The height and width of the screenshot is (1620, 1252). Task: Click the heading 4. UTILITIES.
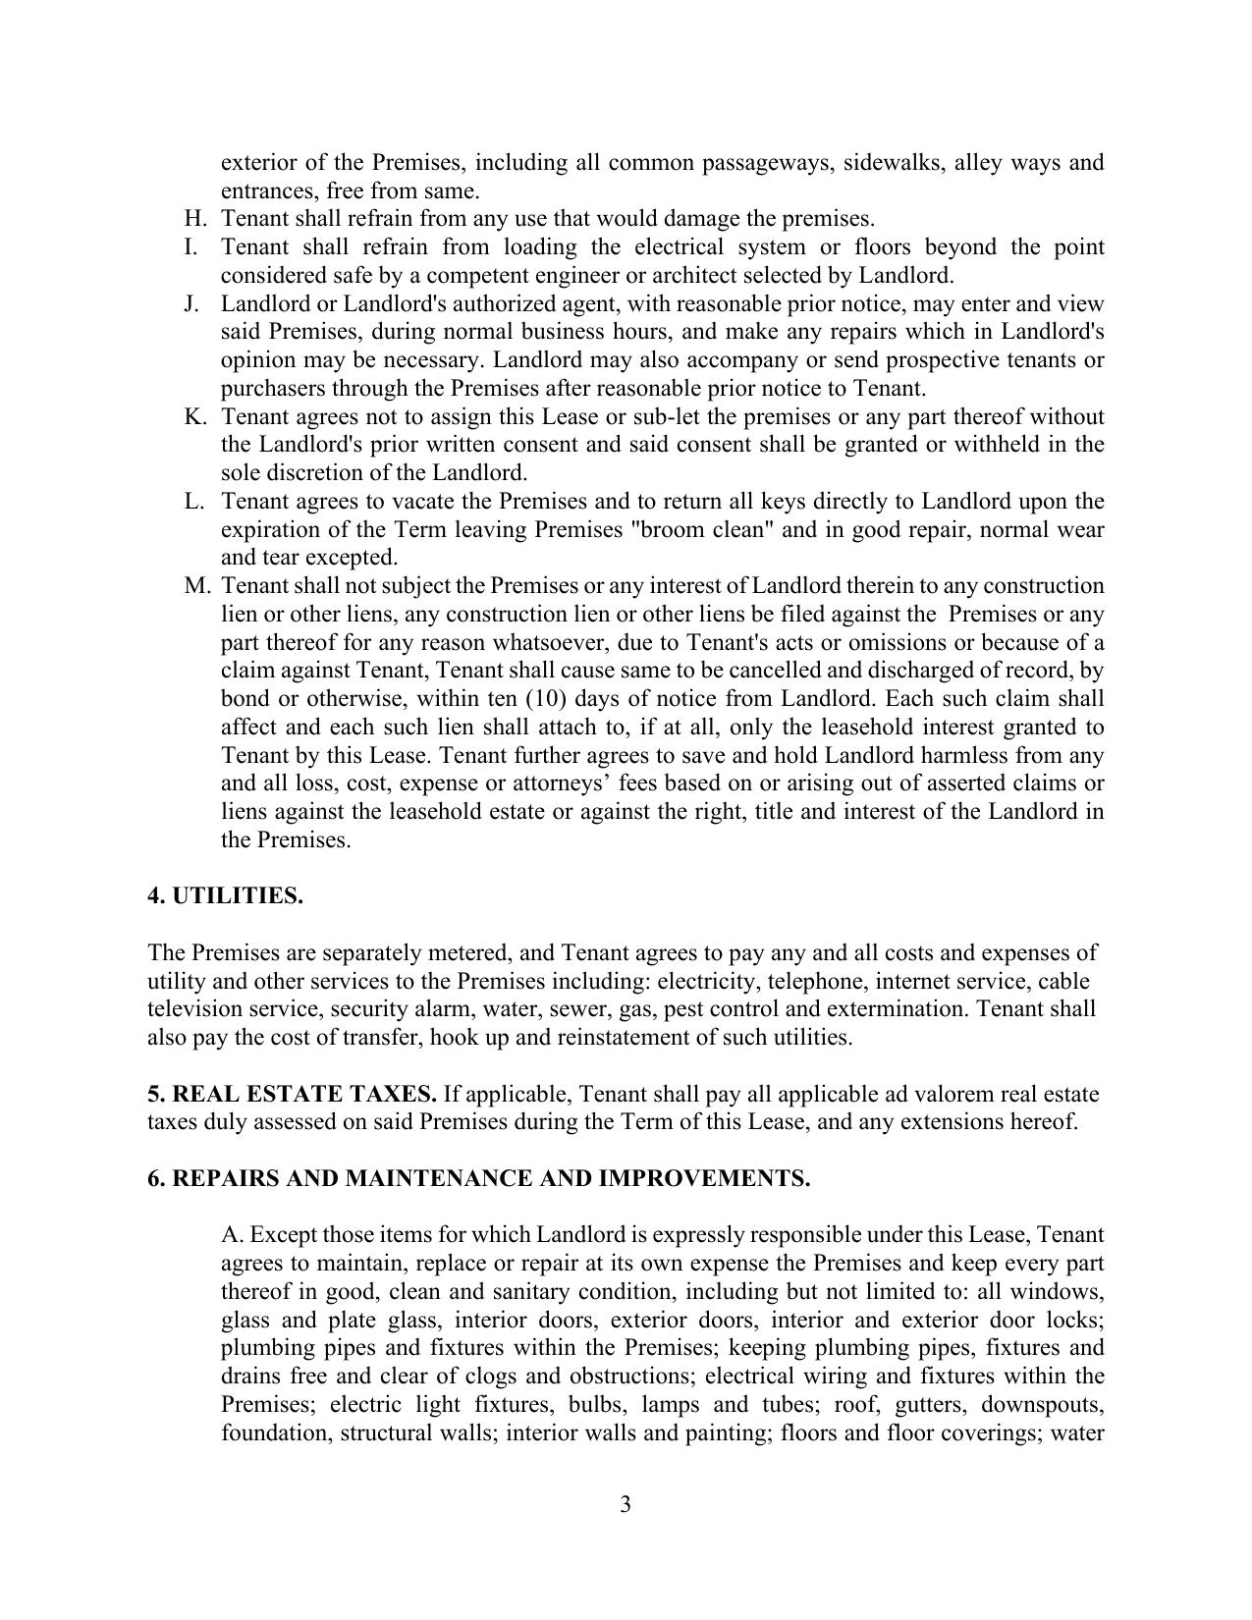coord(225,896)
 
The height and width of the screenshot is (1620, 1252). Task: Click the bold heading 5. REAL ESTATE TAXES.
coord(292,1094)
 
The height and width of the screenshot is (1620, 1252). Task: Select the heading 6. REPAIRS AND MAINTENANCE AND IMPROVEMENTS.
coord(478,1178)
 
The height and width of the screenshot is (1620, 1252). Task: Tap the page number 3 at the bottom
coord(626,1504)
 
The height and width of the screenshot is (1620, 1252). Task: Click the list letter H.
coord(191,219)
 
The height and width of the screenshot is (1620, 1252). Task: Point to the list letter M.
coord(197,586)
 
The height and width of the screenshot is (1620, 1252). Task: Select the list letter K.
coord(194,416)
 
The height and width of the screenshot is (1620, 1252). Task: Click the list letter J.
coord(191,303)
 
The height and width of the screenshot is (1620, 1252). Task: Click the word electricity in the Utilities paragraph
coord(705,981)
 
